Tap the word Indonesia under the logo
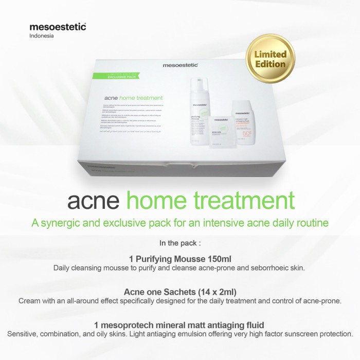click(x=43, y=37)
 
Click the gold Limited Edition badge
click(x=271, y=60)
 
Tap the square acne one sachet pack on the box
click(x=221, y=132)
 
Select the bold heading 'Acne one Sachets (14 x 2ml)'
click(x=179, y=292)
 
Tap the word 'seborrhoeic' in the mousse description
click(x=268, y=268)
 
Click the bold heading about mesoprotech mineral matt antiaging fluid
click(x=179, y=325)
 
